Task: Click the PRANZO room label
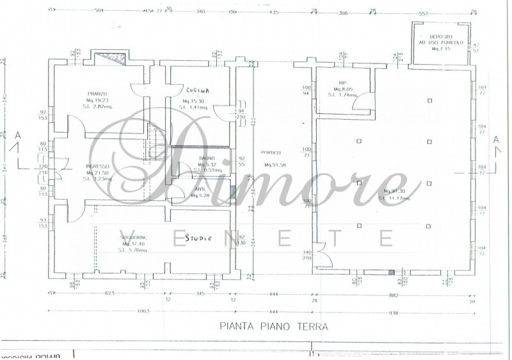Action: coord(97,94)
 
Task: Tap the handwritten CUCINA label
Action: coord(197,90)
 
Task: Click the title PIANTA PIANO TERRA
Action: coord(274,326)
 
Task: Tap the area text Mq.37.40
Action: coord(134,244)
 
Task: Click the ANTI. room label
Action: coord(200,189)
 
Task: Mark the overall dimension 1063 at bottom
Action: coord(143,311)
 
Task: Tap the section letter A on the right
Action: coord(496,140)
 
